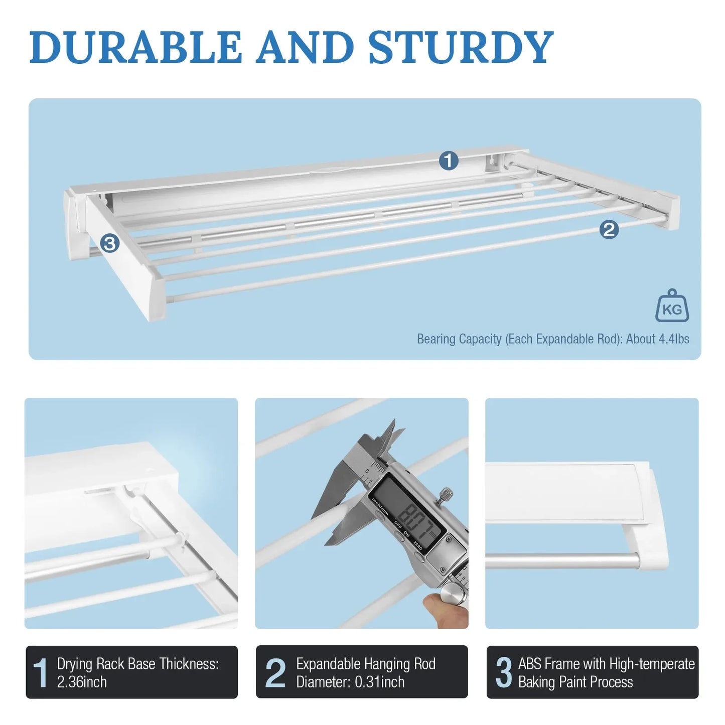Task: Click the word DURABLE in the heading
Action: (x=135, y=47)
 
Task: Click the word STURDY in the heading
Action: (x=461, y=47)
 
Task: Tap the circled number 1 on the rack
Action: (x=449, y=161)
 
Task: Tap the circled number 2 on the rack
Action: (x=609, y=230)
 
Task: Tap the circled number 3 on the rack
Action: (x=109, y=244)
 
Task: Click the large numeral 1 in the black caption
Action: (x=40, y=672)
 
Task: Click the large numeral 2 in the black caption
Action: (x=275, y=672)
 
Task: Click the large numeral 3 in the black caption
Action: (x=504, y=672)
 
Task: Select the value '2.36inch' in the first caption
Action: (x=82, y=682)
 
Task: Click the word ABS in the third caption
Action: (x=530, y=664)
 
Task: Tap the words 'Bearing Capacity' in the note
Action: (x=459, y=339)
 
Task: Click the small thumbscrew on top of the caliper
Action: (x=445, y=496)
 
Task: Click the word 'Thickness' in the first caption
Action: (x=189, y=664)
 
